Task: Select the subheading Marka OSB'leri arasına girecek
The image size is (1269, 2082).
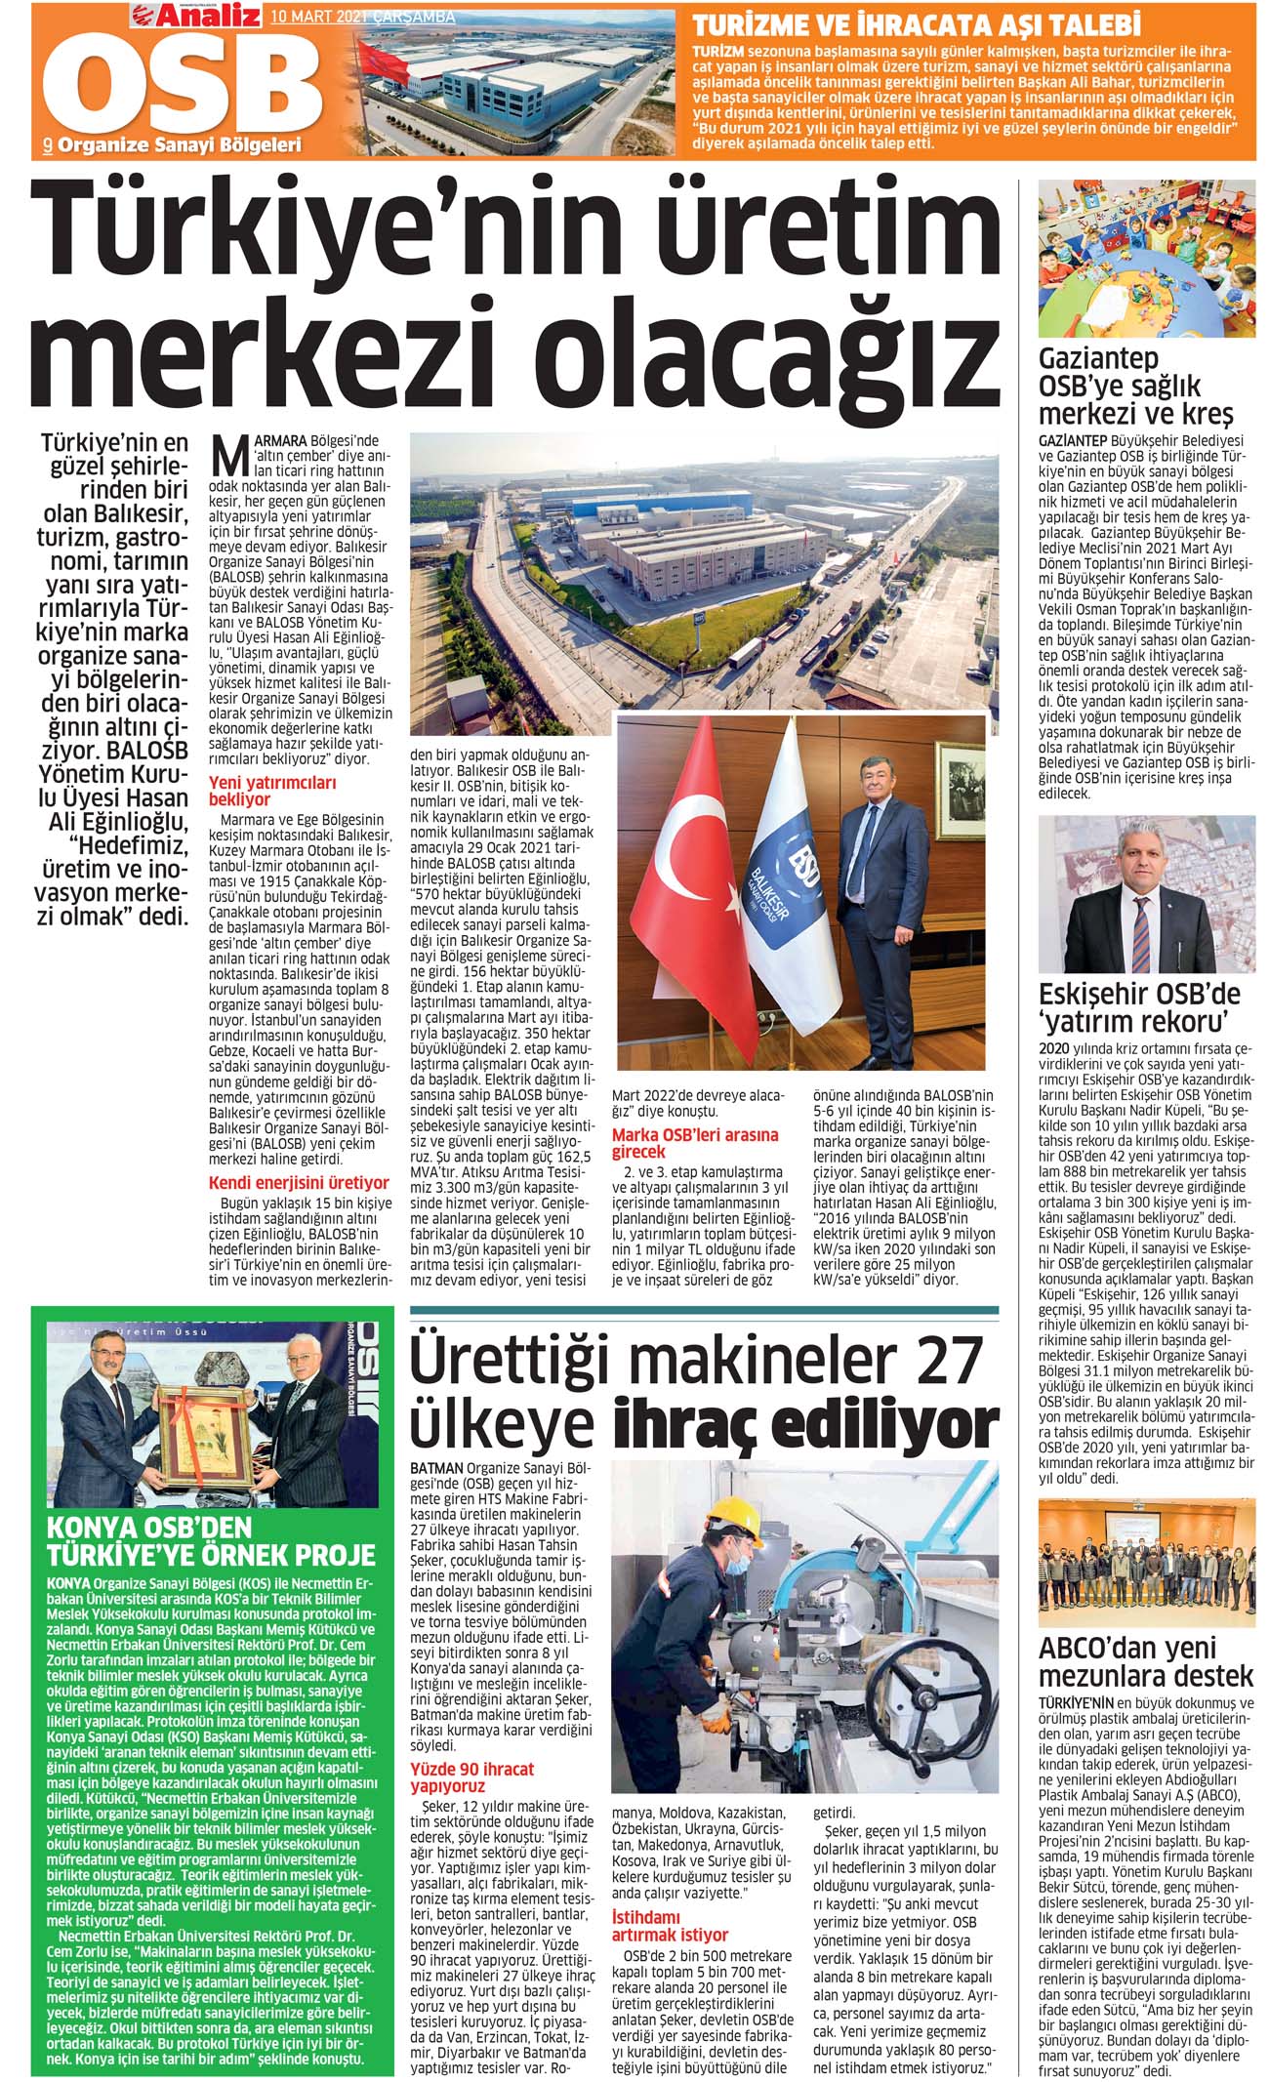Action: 695,1144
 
